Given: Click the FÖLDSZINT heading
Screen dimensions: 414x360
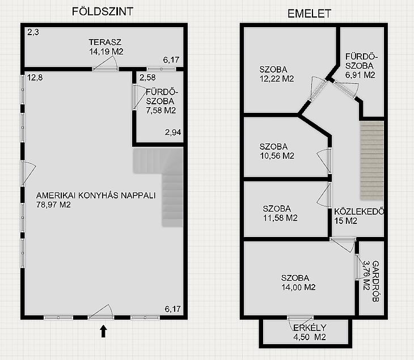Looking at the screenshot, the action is pyautogui.click(x=103, y=11).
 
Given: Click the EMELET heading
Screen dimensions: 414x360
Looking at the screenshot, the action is pyautogui.click(x=309, y=14).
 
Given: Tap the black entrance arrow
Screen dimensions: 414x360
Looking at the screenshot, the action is pyautogui.click(x=103, y=331).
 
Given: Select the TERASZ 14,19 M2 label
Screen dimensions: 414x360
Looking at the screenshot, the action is pyautogui.click(x=106, y=46).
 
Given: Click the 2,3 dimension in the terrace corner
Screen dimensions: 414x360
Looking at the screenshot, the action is pyautogui.click(x=33, y=32).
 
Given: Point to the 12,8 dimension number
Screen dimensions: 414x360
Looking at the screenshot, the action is pyautogui.click(x=35, y=78).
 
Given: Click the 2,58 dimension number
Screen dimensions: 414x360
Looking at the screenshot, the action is pyautogui.click(x=147, y=78).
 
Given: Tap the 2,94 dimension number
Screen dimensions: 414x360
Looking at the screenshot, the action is pyautogui.click(x=173, y=132).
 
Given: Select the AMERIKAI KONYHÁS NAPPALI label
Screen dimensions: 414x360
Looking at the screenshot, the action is pyautogui.click(x=96, y=196).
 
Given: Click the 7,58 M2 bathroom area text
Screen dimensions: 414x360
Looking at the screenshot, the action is pyautogui.click(x=161, y=111).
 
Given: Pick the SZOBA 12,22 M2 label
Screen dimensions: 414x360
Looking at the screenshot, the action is pyautogui.click(x=277, y=74).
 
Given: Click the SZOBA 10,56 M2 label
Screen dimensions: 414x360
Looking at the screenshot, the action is pyautogui.click(x=277, y=151).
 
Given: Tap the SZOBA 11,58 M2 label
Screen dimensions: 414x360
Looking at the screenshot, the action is pyautogui.click(x=280, y=213).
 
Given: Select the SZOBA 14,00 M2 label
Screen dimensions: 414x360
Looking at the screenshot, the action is pyautogui.click(x=298, y=282).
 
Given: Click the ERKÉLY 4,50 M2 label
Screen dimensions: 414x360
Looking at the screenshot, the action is pyautogui.click(x=310, y=332).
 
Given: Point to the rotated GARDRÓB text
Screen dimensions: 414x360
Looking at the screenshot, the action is pyautogui.click(x=375, y=281).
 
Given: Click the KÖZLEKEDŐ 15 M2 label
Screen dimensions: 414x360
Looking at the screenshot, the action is pyautogui.click(x=359, y=216).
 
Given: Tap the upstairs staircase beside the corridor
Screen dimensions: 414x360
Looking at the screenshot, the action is pyautogui.click(x=372, y=160).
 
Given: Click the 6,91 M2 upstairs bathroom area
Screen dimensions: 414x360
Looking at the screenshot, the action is pyautogui.click(x=360, y=75).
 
